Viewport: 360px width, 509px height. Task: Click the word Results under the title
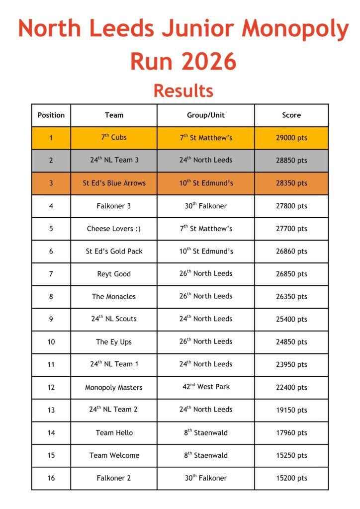(183, 91)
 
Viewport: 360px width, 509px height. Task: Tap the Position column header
(51, 115)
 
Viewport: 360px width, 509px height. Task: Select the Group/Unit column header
(206, 115)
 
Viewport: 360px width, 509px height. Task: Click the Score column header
(291, 115)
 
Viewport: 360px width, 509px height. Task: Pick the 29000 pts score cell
(291, 138)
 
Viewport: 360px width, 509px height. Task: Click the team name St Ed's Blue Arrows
(114, 183)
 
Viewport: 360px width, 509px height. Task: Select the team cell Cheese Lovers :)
(114, 229)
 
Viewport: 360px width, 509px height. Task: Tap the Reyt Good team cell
(114, 274)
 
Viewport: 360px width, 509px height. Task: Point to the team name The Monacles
(114, 296)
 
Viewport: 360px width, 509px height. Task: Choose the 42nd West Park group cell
(206, 387)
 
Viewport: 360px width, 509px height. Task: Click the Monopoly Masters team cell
(114, 387)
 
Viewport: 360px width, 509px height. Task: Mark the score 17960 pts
(291, 432)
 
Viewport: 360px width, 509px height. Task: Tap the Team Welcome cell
(114, 455)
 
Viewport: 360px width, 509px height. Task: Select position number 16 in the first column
(51, 478)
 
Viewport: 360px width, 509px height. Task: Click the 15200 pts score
(291, 478)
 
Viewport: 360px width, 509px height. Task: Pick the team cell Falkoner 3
(114, 206)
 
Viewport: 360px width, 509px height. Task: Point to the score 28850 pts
(291, 161)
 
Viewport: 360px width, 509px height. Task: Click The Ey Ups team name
(114, 342)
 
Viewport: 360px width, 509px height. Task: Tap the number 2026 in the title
(209, 61)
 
